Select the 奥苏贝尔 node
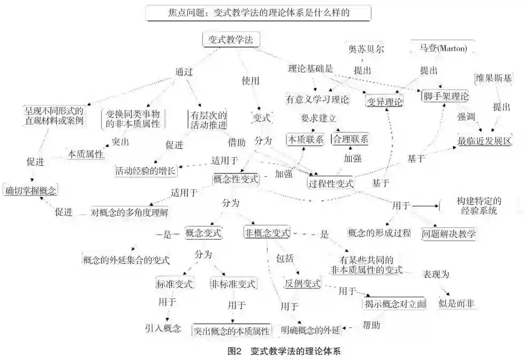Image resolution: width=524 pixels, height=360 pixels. pyautogui.click(x=366, y=49)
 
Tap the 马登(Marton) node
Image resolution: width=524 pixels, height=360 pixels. pyautogui.click(x=442, y=48)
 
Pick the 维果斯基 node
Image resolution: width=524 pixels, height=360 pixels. pyautogui.click(x=493, y=79)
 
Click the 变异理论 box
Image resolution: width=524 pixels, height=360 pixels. pyautogui.click(x=384, y=102)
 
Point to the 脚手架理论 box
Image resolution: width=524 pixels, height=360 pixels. pyautogui.click(x=445, y=97)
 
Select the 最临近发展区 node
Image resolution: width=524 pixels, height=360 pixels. pyautogui.click(x=484, y=141)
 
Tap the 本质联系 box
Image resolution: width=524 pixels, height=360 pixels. pyautogui.click(x=306, y=140)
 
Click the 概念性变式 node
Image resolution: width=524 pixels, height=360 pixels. pyautogui.click(x=236, y=178)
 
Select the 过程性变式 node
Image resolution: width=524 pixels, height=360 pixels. pyautogui.click(x=331, y=183)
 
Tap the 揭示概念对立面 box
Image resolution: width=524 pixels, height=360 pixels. pyautogui.click(x=394, y=304)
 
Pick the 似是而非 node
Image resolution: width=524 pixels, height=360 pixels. pyautogui.click(x=457, y=303)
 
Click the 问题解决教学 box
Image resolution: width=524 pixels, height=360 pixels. pyautogui.click(x=449, y=233)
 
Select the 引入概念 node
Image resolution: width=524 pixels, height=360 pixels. pyautogui.click(x=163, y=327)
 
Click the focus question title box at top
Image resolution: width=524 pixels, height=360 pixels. pyautogui.click(x=258, y=12)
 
